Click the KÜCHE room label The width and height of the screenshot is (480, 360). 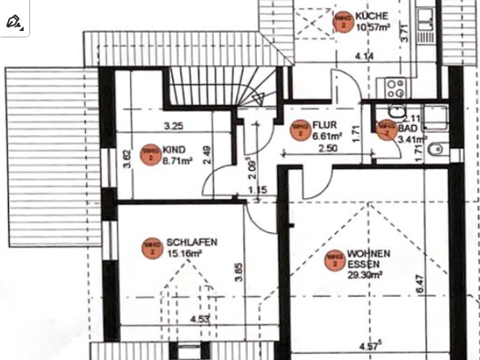click(x=373, y=16)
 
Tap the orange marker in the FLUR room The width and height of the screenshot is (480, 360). click(x=299, y=131)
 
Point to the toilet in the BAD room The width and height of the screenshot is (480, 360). click(x=437, y=148)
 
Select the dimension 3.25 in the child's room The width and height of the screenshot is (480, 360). click(x=174, y=125)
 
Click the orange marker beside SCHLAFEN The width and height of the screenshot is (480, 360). click(x=150, y=248)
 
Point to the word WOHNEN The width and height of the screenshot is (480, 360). click(x=369, y=253)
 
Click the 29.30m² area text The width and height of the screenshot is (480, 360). click(x=365, y=272)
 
